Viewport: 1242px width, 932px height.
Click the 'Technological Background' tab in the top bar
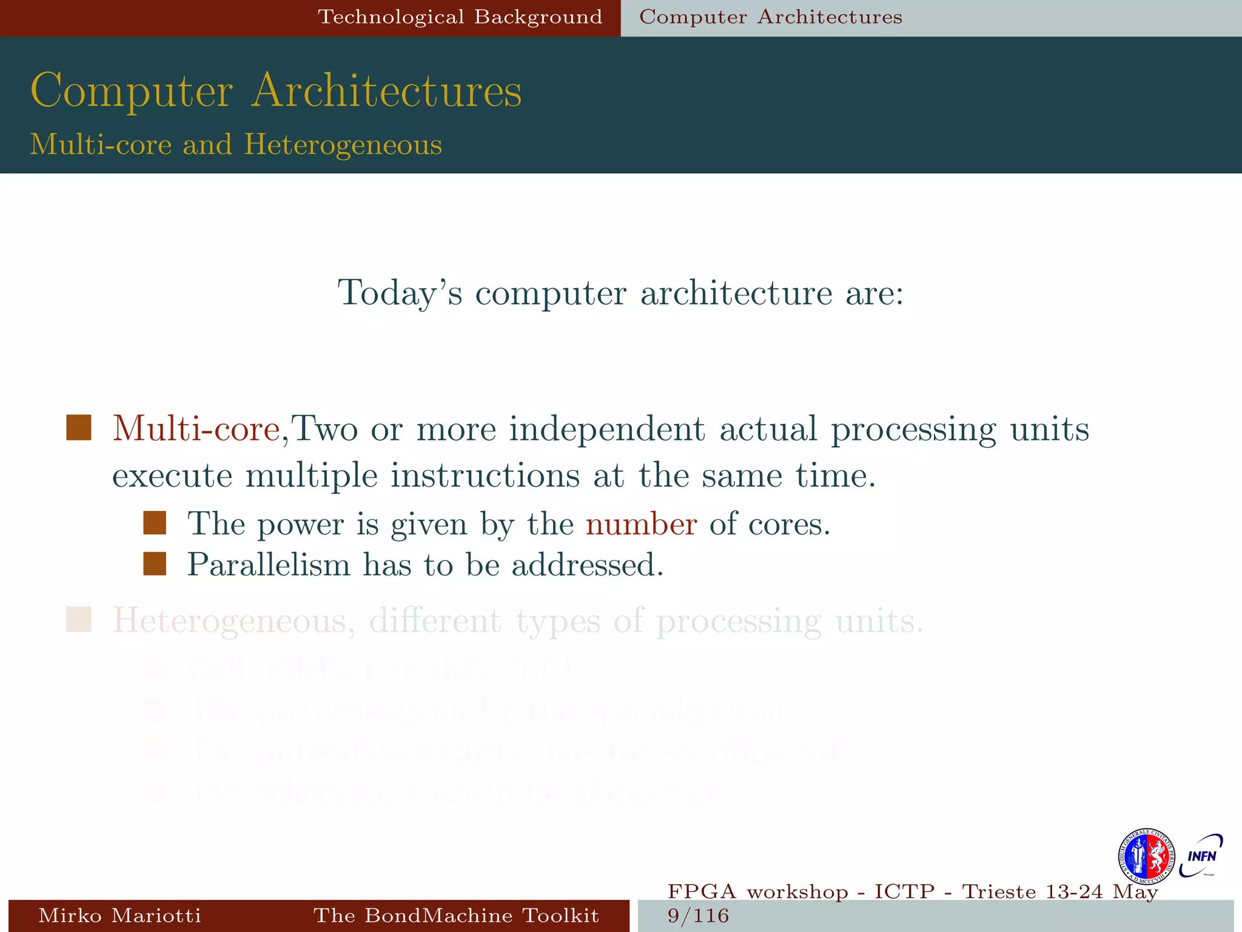(x=460, y=17)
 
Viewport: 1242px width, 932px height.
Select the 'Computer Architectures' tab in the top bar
(x=770, y=17)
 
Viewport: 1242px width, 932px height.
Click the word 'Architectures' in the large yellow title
(x=386, y=91)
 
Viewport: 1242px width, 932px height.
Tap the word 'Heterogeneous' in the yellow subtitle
(x=343, y=145)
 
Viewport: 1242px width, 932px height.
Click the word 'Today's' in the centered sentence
(x=400, y=293)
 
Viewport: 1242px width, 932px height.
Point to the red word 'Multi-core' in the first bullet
(x=196, y=428)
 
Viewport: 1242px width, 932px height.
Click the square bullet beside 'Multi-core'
(x=79, y=428)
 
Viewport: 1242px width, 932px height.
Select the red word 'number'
(x=641, y=524)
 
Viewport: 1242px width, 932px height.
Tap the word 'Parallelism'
(x=269, y=565)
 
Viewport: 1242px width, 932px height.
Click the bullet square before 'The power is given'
(x=155, y=523)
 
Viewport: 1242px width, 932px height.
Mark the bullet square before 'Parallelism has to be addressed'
(x=155, y=564)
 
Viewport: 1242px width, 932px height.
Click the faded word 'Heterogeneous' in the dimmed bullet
(x=229, y=621)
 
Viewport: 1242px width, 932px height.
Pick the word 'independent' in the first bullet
(x=606, y=428)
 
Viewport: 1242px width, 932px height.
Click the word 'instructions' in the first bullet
(x=485, y=475)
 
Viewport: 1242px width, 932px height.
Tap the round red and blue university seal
(x=1146, y=857)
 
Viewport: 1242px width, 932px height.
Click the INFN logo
(x=1201, y=856)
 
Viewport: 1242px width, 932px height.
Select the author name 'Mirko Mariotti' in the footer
(x=119, y=915)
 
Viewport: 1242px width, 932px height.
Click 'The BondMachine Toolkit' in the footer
(x=456, y=915)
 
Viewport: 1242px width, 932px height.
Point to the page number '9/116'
(x=698, y=916)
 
